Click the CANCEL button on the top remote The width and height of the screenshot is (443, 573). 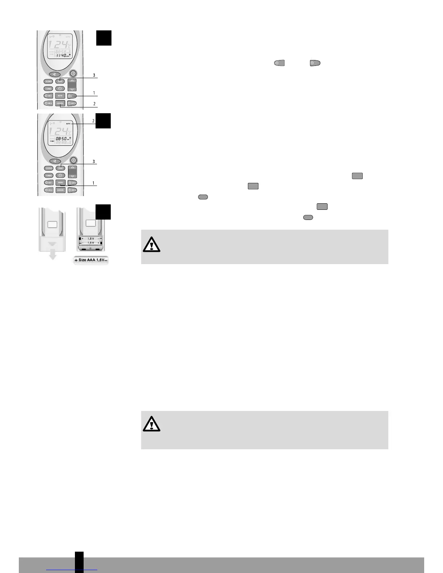click(60, 103)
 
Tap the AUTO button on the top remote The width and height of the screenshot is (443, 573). click(60, 95)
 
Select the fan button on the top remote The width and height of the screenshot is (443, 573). click(54, 74)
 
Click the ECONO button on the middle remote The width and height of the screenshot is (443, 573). click(49, 168)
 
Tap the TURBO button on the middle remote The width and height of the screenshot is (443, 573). click(49, 175)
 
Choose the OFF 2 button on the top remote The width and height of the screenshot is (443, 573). click(72, 103)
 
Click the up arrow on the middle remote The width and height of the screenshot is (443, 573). click(72, 168)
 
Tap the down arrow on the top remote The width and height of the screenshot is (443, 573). click(72, 89)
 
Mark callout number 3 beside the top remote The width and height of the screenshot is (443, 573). click(94, 75)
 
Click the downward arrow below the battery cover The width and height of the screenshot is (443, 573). click(52, 256)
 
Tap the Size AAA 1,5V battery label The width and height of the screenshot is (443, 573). click(91, 260)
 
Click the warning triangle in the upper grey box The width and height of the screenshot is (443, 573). click(151, 245)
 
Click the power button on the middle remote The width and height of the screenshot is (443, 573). click(73, 160)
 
